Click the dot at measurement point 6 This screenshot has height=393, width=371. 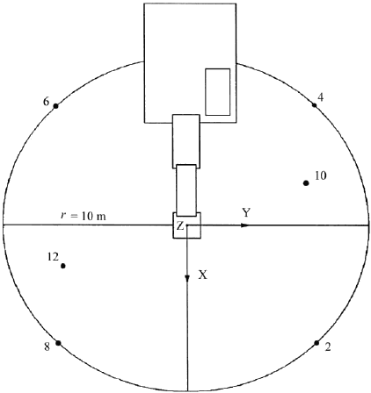pos(55,106)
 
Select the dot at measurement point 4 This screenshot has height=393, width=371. pos(314,105)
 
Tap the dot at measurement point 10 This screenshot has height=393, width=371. pos(306,183)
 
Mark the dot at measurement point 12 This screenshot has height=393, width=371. pos(62,266)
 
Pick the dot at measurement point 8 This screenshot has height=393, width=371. pos(58,343)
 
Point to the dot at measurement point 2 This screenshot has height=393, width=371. pos(316,343)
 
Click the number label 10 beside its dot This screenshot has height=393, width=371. pos(320,175)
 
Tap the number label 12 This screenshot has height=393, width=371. pos(53,257)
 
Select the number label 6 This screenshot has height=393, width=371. pos(46,102)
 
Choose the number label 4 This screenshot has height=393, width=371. pos(321,97)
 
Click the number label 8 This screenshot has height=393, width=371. pos(47,347)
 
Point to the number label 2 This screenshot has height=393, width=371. pos(328,347)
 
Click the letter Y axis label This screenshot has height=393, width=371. pos(246,212)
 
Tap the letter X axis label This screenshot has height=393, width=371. pos(203,275)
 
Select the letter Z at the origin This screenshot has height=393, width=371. pos(180,225)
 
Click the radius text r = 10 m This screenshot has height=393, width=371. pos(84,217)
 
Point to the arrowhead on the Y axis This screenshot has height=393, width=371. pos(245,225)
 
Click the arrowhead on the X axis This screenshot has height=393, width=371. pos(187,278)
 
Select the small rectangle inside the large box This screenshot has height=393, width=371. pos(217,92)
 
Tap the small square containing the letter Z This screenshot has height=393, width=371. pos(186,225)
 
